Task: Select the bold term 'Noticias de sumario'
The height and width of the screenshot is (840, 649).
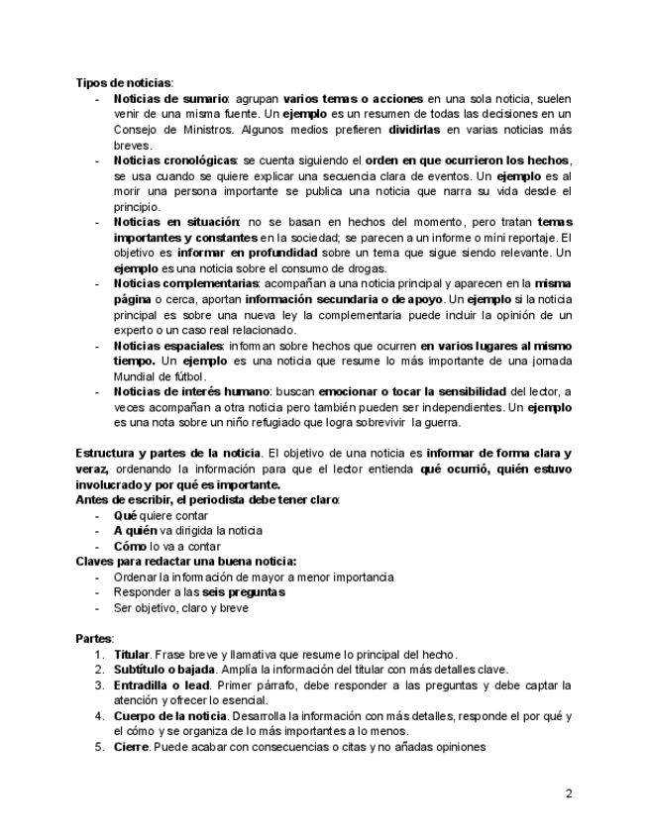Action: click(171, 99)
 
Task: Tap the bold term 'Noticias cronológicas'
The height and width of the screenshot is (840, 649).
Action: click(175, 160)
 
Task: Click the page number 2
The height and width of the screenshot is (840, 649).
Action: click(569, 793)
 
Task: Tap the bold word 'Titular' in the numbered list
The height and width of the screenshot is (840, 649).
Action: click(131, 655)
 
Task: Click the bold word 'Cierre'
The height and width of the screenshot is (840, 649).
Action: click(132, 747)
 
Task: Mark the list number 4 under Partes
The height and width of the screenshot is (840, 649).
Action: click(99, 716)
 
